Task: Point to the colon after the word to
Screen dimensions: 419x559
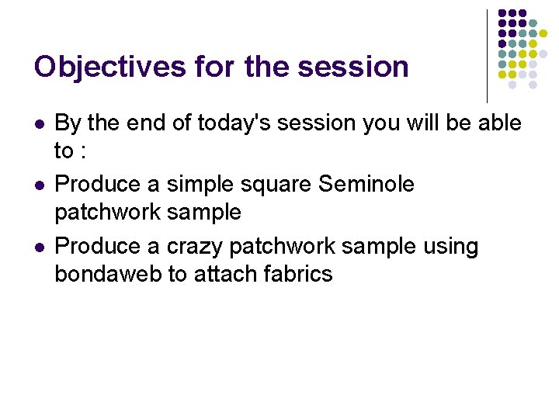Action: click(x=82, y=150)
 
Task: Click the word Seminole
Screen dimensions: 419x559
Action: click(x=366, y=184)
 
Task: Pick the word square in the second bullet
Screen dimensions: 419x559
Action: click(x=273, y=185)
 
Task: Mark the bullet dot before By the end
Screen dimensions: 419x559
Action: click(x=39, y=123)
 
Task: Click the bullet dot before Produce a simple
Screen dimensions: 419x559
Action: click(x=39, y=185)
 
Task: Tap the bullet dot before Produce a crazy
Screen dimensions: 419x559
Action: click(x=39, y=247)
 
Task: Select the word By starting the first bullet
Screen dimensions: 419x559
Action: click(x=68, y=123)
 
